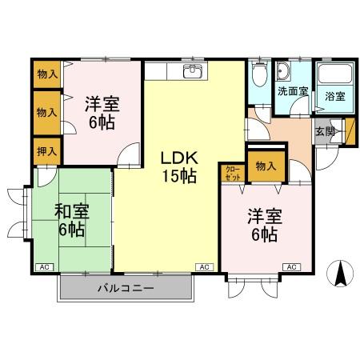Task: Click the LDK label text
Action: pyautogui.click(x=178, y=158)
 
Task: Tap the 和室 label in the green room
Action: pyautogui.click(x=71, y=212)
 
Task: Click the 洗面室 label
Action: pyautogui.click(x=292, y=91)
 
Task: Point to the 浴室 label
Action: pyautogui.click(x=334, y=96)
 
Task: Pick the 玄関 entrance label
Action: pyautogui.click(x=324, y=131)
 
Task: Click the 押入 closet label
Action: pyautogui.click(x=47, y=150)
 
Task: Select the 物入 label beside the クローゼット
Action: pyautogui.click(x=265, y=166)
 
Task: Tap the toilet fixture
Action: pyautogui.click(x=258, y=78)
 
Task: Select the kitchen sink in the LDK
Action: pyautogui.click(x=192, y=73)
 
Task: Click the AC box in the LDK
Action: pyautogui.click(x=204, y=266)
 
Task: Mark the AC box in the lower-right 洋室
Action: pyautogui.click(x=290, y=266)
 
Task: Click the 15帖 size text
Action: pyautogui.click(x=178, y=177)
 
